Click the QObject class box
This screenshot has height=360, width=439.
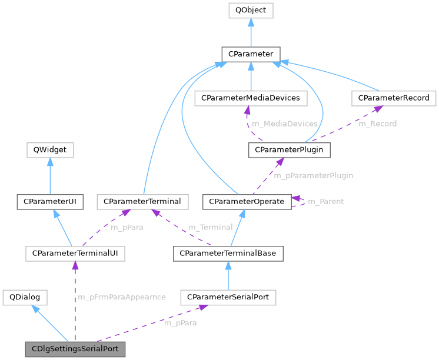tap(251, 10)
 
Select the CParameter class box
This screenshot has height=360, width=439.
tap(251, 54)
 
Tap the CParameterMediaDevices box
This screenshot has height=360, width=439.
tap(251, 98)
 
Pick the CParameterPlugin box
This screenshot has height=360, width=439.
tap(290, 150)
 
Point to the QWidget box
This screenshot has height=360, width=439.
tap(50, 150)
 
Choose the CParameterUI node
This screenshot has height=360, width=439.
tap(50, 202)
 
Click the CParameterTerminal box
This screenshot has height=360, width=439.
tap(142, 202)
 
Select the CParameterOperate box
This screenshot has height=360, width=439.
tap(247, 202)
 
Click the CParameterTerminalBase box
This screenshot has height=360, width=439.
tap(228, 254)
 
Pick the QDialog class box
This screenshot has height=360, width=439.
tap(24, 297)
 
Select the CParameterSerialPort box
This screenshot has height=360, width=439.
tap(228, 297)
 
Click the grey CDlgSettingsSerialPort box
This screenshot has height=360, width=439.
tap(75, 349)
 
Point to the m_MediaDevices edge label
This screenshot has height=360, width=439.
tap(285, 124)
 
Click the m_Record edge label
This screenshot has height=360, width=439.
tap(378, 124)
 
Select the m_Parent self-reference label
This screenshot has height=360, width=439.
tap(326, 202)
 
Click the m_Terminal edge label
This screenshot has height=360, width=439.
tap(211, 227)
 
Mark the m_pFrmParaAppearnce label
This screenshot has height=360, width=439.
tap(122, 298)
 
